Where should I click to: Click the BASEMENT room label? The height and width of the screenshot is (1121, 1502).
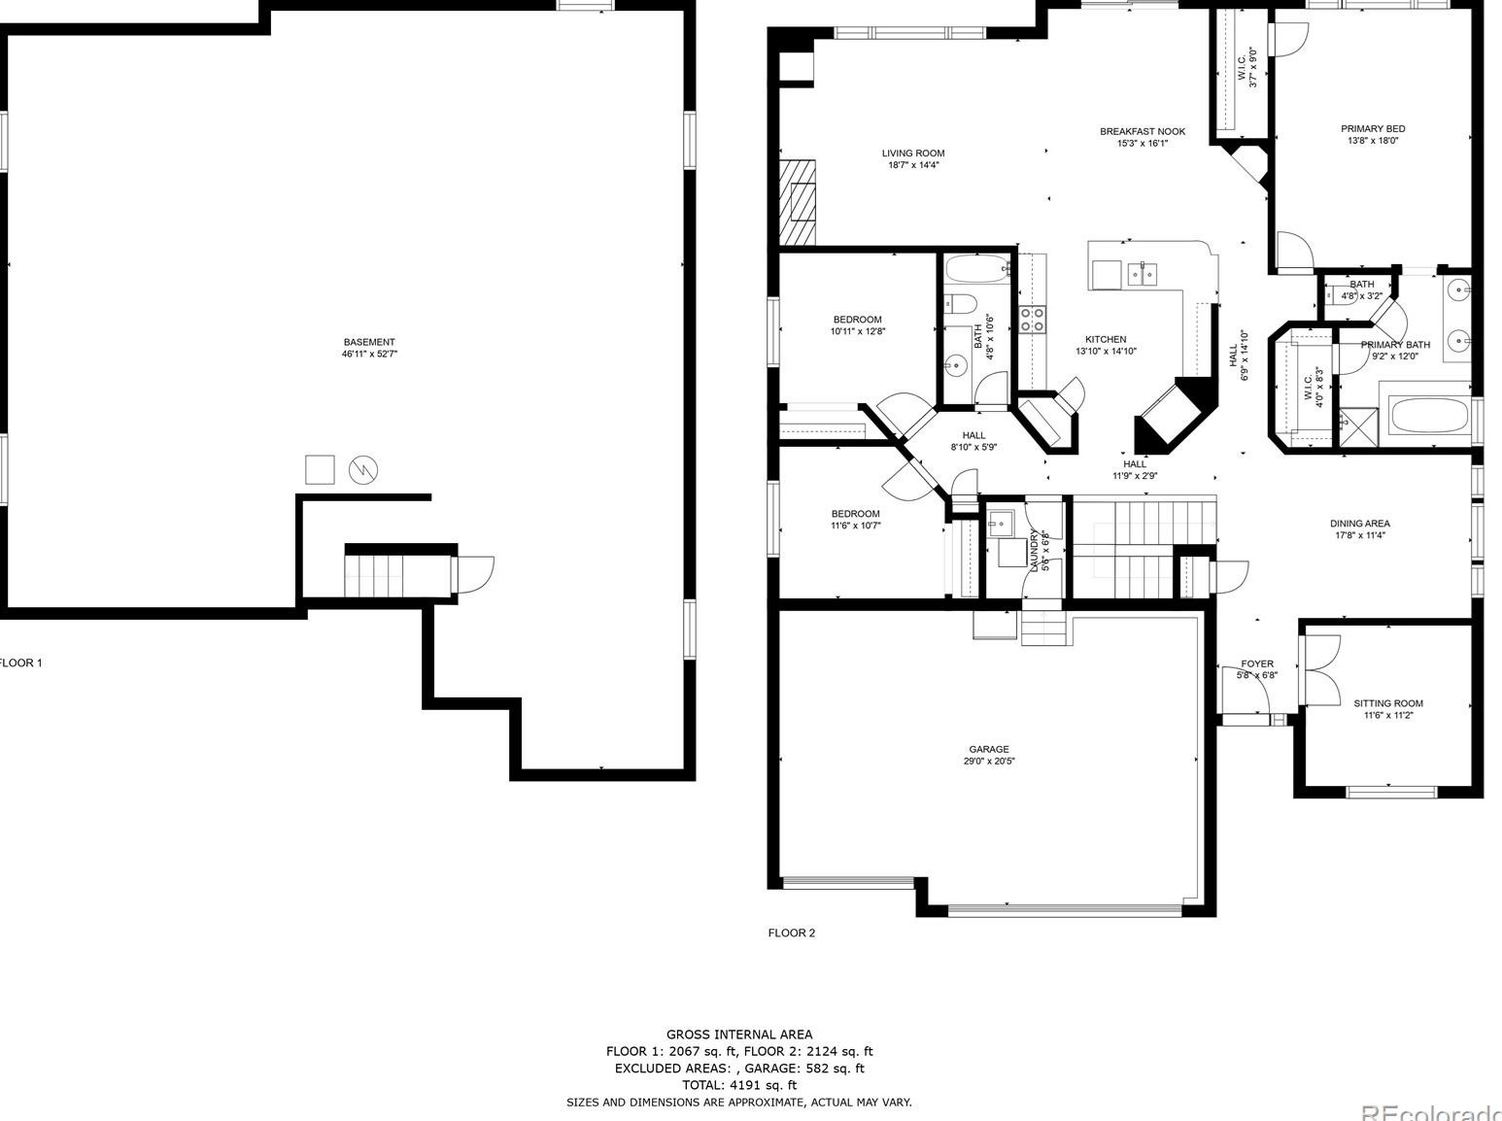pyautogui.click(x=369, y=342)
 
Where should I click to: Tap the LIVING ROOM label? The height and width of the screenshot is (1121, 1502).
pyautogui.click(x=913, y=153)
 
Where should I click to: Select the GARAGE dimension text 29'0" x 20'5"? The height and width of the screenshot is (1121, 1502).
pyautogui.click(x=988, y=762)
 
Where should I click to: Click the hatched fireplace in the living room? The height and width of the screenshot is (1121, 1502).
pyautogui.click(x=798, y=202)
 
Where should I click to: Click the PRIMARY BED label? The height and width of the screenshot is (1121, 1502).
pyautogui.click(x=1373, y=128)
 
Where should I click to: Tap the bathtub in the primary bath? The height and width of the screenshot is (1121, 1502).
pyautogui.click(x=1427, y=419)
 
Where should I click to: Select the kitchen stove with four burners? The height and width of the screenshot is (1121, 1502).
pyautogui.click(x=1032, y=319)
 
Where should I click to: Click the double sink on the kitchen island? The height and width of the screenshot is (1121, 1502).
pyautogui.click(x=1142, y=275)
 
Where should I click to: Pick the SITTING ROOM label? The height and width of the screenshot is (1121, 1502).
pyautogui.click(x=1388, y=703)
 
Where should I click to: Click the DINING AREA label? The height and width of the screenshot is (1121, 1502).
pyautogui.click(x=1359, y=524)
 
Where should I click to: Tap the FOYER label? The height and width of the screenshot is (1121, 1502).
pyautogui.click(x=1257, y=664)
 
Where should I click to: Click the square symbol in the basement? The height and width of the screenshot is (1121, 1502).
pyautogui.click(x=320, y=469)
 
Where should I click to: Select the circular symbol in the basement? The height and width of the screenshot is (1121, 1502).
pyautogui.click(x=363, y=470)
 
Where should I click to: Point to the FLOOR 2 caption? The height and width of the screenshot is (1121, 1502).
pyautogui.click(x=792, y=933)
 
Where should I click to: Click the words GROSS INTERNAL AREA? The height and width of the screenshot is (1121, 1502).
pyautogui.click(x=739, y=1035)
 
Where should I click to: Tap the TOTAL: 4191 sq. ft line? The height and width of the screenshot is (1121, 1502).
pyautogui.click(x=739, y=1085)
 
